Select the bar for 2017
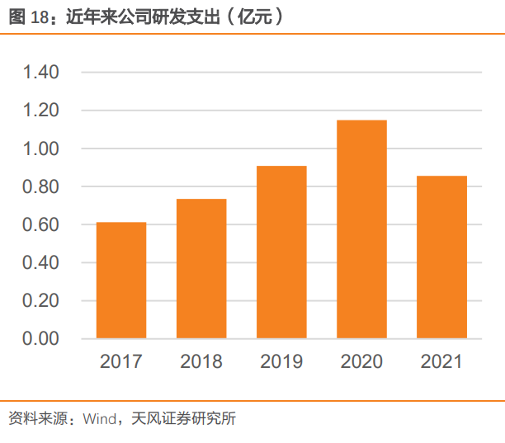(x=121, y=280)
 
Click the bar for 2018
(x=201, y=269)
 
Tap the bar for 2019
(x=281, y=252)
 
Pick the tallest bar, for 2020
(x=361, y=229)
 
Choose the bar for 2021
(x=441, y=257)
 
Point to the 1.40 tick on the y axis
(x=41, y=73)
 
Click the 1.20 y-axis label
(x=41, y=111)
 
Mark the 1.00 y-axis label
(x=41, y=149)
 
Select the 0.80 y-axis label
(x=41, y=187)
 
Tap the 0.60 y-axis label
(x=41, y=225)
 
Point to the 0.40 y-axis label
(x=41, y=263)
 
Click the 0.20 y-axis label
(x=41, y=301)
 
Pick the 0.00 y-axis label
(x=41, y=339)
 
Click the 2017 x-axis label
(x=121, y=362)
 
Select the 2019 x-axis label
(x=281, y=362)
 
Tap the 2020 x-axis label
(x=361, y=362)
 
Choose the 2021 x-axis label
(x=441, y=362)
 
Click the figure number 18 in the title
(x=39, y=16)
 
